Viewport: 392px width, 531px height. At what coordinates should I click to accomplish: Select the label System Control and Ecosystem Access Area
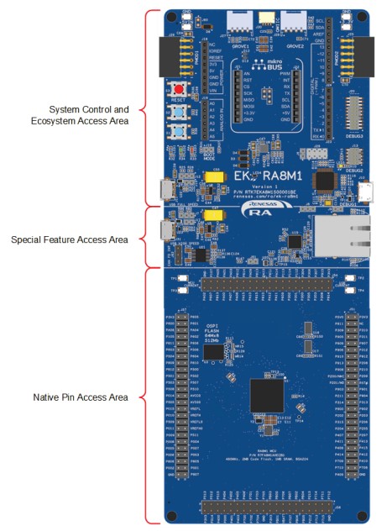click(x=88, y=116)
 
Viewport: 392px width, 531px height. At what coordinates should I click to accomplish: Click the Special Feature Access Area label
click(x=70, y=240)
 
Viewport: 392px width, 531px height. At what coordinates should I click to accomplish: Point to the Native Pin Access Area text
click(x=81, y=397)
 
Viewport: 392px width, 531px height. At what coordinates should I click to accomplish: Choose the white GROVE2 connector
click(x=294, y=21)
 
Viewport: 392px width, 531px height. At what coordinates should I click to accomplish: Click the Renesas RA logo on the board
click(x=255, y=208)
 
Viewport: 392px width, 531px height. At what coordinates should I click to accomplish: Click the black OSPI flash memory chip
click(x=214, y=355)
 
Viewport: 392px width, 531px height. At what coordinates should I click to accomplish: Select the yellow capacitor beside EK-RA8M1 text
click(x=212, y=177)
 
